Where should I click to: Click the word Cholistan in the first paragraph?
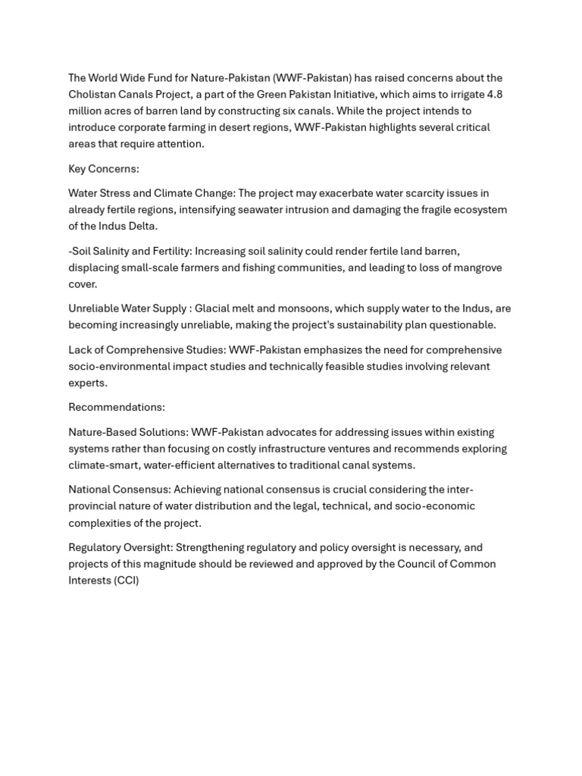(93, 94)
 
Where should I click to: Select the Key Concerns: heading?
(104, 168)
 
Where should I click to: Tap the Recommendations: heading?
(117, 407)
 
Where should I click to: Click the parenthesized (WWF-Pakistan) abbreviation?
(314, 78)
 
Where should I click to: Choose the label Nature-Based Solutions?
(128, 432)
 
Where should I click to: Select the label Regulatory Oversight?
(121, 547)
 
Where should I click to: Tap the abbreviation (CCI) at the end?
(126, 580)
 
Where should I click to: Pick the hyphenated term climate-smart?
(103, 465)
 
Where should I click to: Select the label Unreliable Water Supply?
(127, 308)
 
